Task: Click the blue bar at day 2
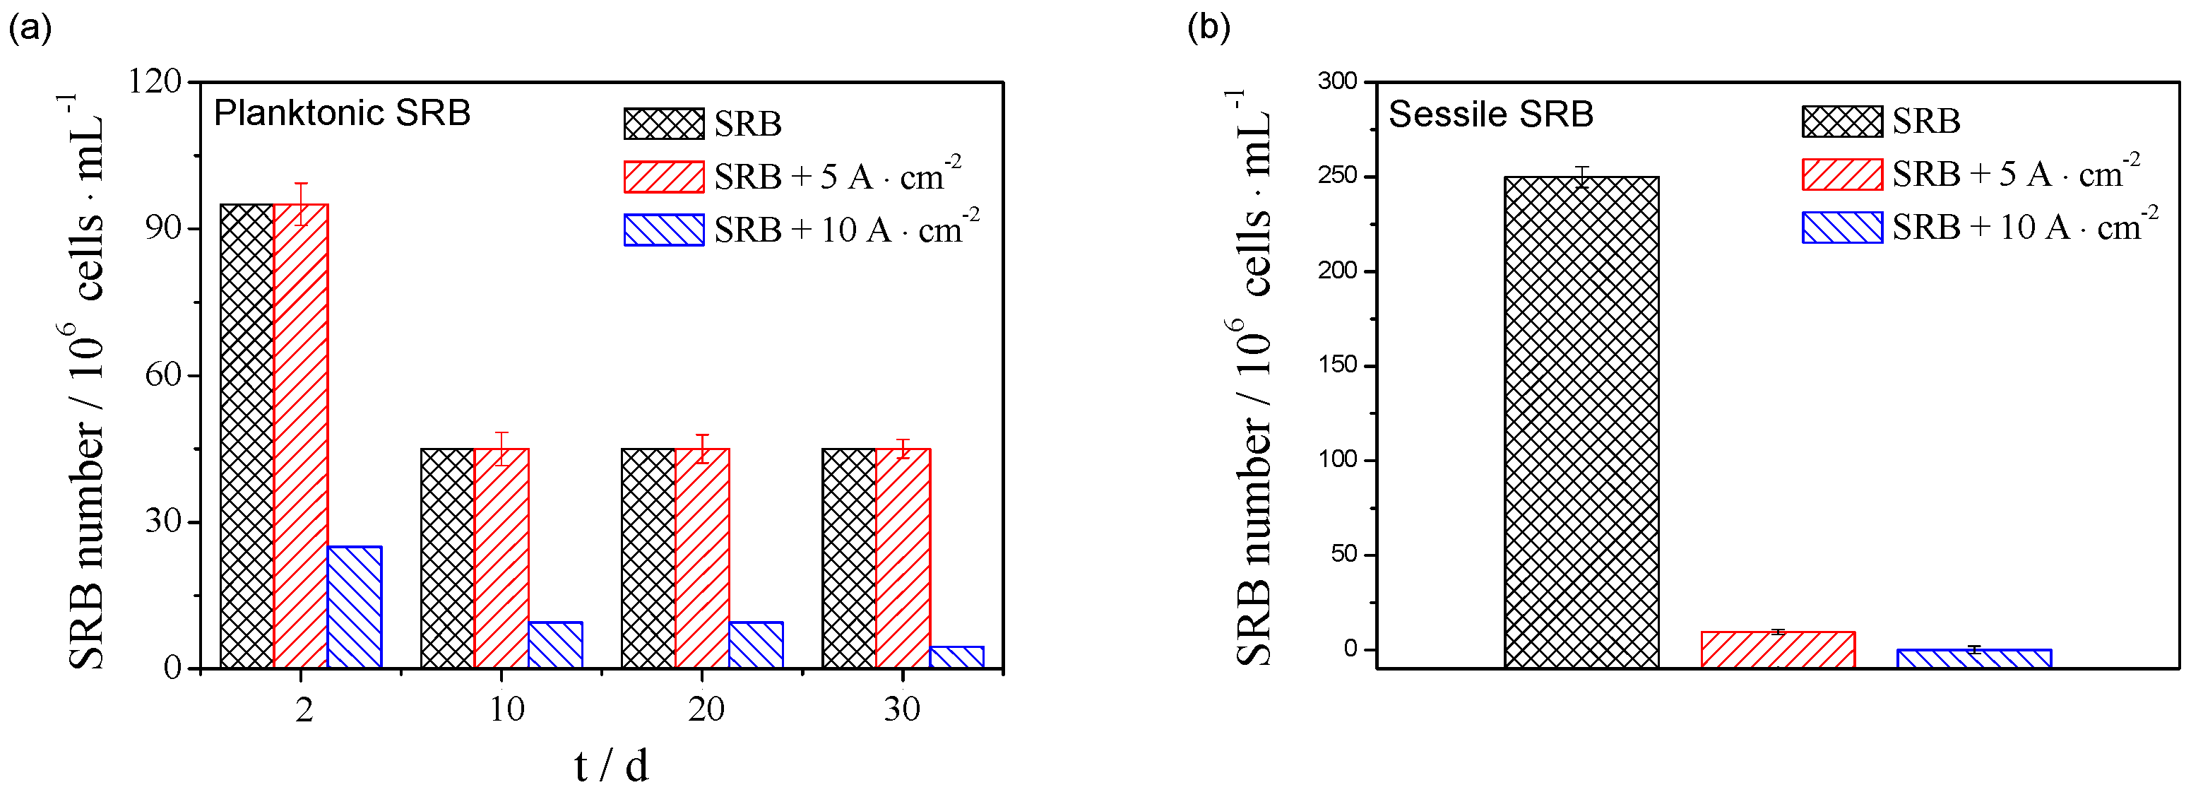[x=354, y=606]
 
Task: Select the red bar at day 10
[x=501, y=557]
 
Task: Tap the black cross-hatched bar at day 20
[x=648, y=557]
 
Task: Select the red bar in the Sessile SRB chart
[x=1778, y=649]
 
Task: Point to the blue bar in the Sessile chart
[x=1973, y=658]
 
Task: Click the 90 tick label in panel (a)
[x=162, y=228]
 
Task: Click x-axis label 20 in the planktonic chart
[x=705, y=709]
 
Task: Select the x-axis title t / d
[x=611, y=765]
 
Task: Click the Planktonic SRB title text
[x=341, y=113]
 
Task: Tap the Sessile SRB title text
[x=1490, y=114]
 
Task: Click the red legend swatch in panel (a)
[x=663, y=177]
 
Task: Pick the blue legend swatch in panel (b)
[x=1841, y=227]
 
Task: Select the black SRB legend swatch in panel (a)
[x=663, y=124]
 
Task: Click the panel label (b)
[x=1208, y=28]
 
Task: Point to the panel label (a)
[x=30, y=28]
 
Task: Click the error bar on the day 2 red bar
[x=301, y=203]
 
